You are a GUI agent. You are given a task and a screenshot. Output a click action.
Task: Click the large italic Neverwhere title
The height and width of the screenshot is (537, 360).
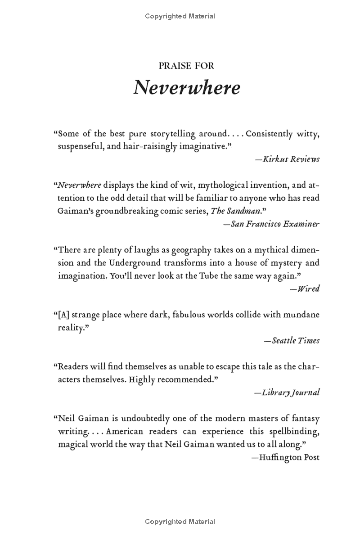[186, 87]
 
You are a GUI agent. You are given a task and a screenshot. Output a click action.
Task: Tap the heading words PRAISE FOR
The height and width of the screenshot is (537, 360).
[186, 66]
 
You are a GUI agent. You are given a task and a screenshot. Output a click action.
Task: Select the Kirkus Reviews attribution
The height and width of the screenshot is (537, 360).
[291, 159]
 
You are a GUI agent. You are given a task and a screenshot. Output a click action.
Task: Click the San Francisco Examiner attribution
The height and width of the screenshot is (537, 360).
[271, 224]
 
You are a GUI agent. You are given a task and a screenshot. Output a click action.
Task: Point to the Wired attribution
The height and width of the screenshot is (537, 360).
[305, 289]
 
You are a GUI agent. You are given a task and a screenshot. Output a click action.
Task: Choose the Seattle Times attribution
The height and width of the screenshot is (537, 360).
[292, 340]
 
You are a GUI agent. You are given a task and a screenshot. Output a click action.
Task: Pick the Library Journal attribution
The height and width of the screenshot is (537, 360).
[287, 392]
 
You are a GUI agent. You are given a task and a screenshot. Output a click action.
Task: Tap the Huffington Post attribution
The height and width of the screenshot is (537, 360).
[285, 457]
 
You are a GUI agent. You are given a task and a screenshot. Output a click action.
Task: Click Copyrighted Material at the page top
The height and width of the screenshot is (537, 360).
[180, 16]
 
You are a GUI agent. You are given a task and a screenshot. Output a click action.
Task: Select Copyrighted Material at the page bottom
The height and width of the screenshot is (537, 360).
[180, 522]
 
